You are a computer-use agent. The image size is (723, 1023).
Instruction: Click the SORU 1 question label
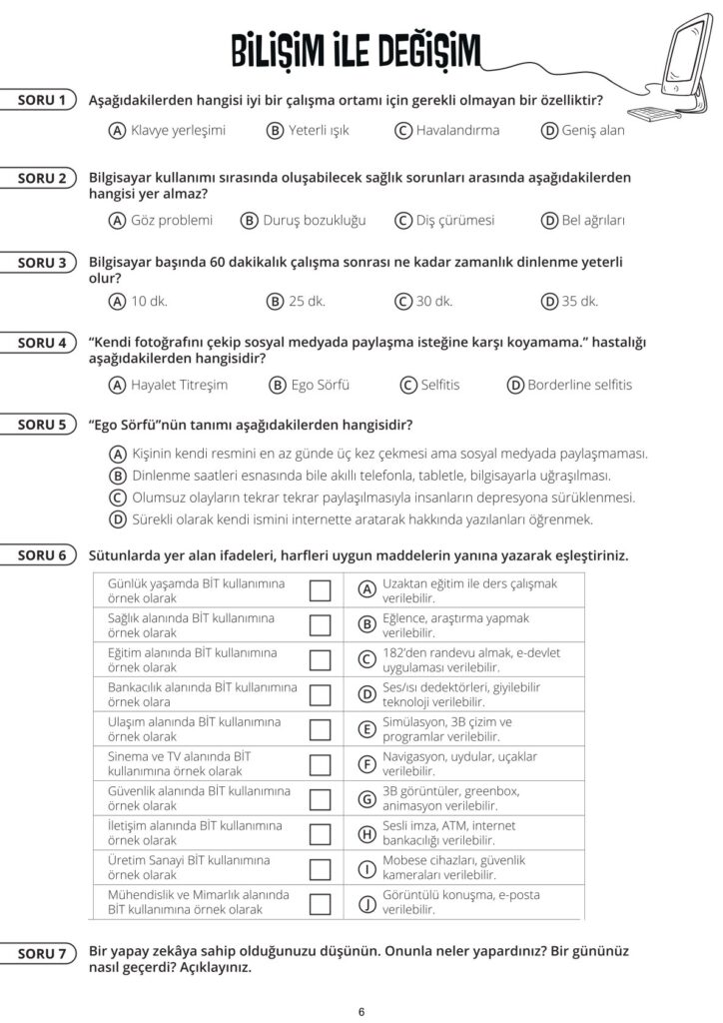click(x=42, y=100)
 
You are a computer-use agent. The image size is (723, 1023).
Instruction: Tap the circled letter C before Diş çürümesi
click(x=403, y=220)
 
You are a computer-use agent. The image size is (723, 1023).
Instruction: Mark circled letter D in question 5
click(x=117, y=519)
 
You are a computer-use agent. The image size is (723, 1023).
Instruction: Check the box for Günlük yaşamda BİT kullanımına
click(x=320, y=590)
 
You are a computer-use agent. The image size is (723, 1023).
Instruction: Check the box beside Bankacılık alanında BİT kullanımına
click(x=320, y=694)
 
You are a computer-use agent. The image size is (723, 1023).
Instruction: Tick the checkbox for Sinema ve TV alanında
click(x=320, y=764)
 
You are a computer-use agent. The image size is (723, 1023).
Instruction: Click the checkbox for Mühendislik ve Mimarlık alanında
click(x=320, y=903)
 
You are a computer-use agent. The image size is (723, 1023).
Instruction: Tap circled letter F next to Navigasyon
click(x=366, y=764)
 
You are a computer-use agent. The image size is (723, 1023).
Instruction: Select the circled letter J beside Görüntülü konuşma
click(x=366, y=903)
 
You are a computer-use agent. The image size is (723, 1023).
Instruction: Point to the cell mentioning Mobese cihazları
click(x=454, y=868)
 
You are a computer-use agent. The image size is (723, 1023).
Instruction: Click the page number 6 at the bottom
click(x=361, y=1011)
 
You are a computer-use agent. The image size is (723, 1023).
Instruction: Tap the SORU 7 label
click(x=42, y=954)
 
